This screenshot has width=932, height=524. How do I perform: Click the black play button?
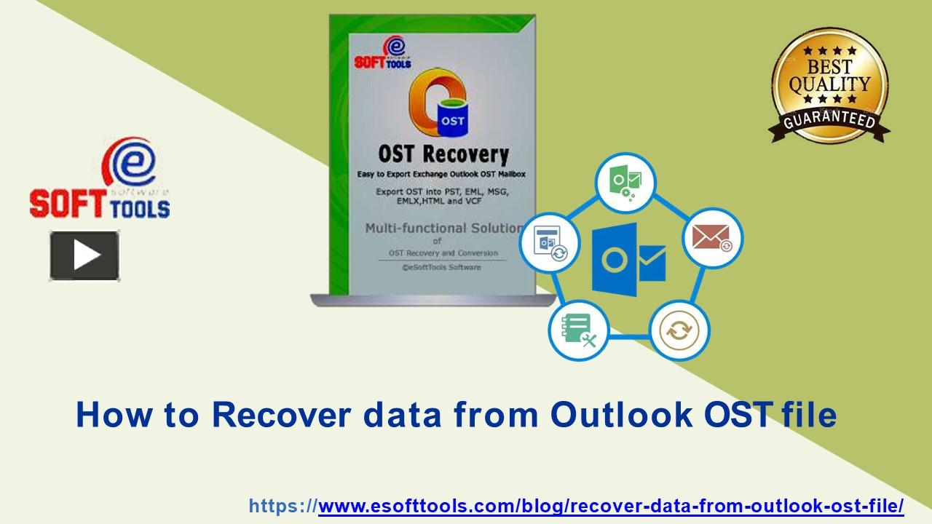click(84, 255)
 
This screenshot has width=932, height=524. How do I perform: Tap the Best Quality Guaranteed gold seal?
click(829, 84)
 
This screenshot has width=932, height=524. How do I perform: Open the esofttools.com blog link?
click(610, 506)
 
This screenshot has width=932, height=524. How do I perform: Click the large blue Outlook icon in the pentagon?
click(628, 260)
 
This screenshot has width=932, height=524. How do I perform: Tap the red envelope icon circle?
click(711, 238)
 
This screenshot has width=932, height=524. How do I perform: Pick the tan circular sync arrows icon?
click(679, 331)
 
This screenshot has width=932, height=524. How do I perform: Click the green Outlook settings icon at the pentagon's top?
click(625, 182)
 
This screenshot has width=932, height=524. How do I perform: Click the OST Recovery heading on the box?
click(443, 154)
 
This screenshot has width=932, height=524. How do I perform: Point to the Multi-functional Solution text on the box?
click(443, 228)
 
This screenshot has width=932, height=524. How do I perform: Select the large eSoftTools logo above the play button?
click(100, 180)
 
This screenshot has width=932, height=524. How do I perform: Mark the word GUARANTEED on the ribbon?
click(829, 119)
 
